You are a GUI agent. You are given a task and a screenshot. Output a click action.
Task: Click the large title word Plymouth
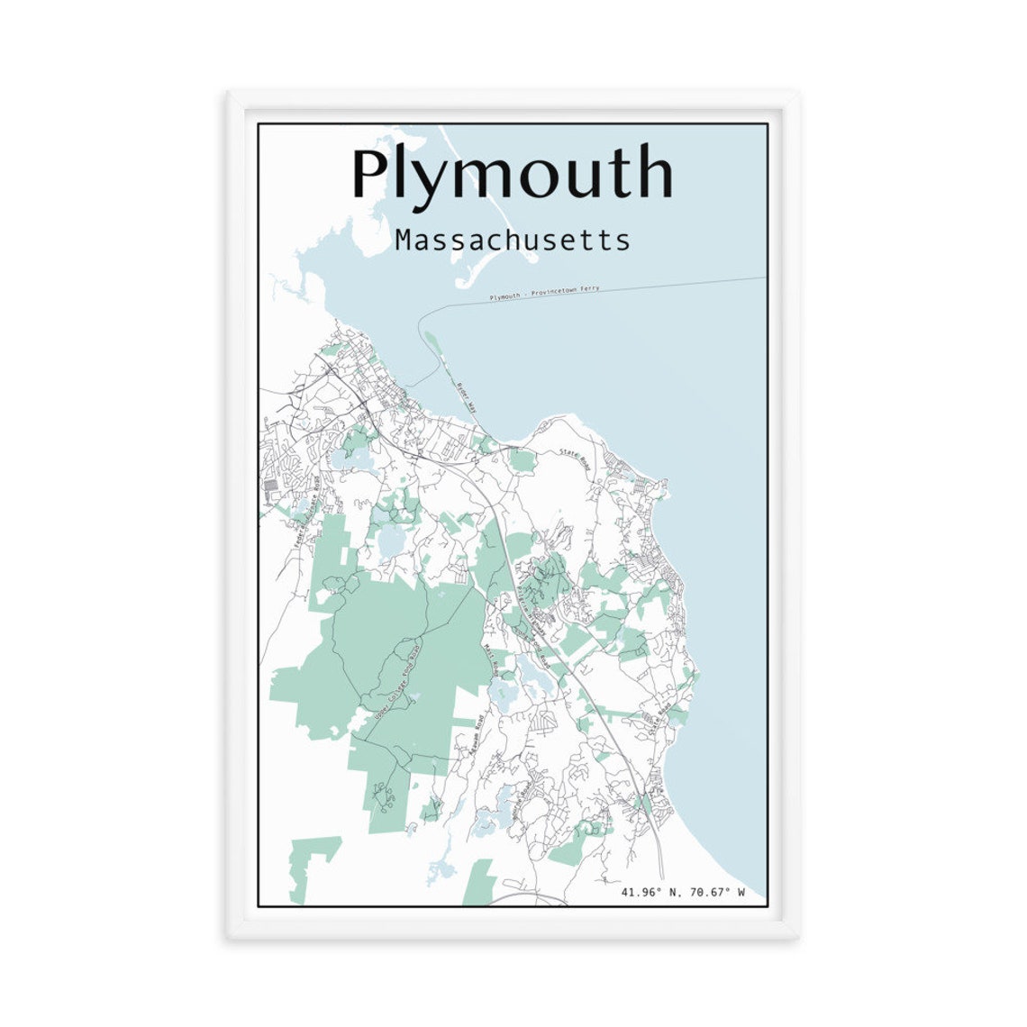pos(512,173)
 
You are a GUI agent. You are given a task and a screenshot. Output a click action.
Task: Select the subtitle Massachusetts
pos(512,241)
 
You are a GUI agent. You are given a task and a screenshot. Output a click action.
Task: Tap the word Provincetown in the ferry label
pos(553,292)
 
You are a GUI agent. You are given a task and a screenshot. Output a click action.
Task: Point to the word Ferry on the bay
pos(589,289)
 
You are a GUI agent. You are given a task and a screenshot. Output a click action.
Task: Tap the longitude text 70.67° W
pos(716,893)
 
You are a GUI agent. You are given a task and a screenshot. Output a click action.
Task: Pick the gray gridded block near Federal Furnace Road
pos(271,487)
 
